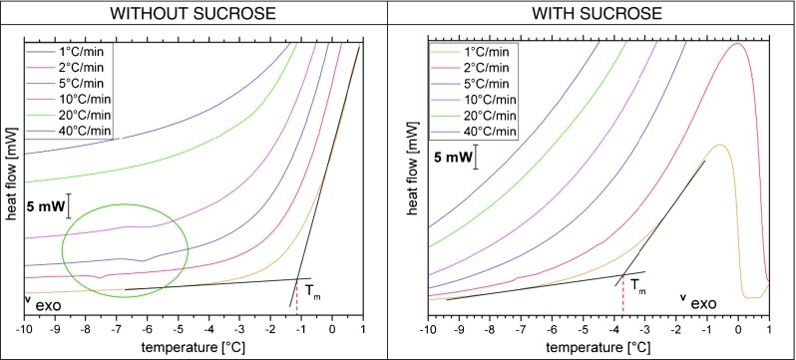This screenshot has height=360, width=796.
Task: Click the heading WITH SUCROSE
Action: click(x=596, y=15)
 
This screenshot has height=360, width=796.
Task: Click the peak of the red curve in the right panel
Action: click(x=737, y=43)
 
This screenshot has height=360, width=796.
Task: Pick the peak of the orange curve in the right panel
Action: click(x=716, y=145)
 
